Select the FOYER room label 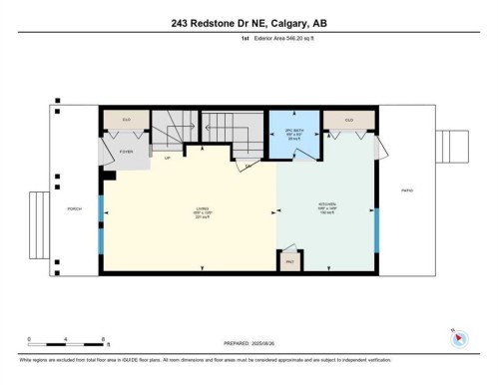[127, 152]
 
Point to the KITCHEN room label [326, 207]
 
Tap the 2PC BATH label [294, 136]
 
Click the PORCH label [74, 208]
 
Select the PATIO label [406, 191]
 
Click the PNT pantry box [289, 261]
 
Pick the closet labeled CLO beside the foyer [127, 121]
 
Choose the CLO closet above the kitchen [349, 121]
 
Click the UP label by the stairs [167, 158]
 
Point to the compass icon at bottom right [457, 337]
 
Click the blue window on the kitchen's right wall [376, 231]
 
